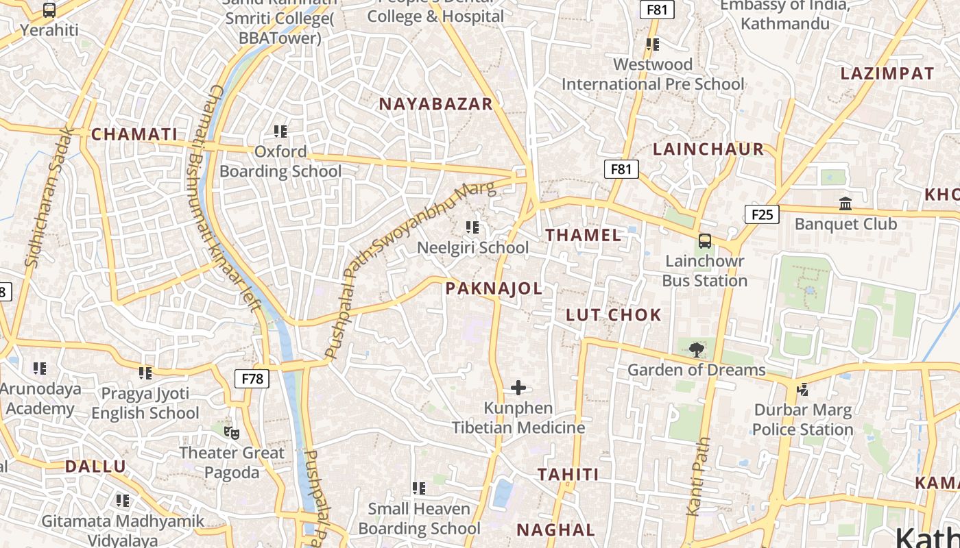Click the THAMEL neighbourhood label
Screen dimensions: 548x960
(x=583, y=235)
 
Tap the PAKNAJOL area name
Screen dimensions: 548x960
(x=494, y=288)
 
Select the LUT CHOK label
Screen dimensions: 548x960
(x=614, y=315)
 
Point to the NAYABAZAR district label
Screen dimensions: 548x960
(x=435, y=104)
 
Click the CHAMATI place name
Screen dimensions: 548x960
(x=134, y=134)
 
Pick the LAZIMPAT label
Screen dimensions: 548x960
(x=887, y=73)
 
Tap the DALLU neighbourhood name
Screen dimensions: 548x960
(x=95, y=466)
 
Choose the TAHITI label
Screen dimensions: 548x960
(x=568, y=474)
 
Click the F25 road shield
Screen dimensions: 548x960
(x=762, y=214)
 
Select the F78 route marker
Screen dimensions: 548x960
(x=252, y=379)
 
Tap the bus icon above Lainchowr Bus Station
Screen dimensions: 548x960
(x=704, y=241)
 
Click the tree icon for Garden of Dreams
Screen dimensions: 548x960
(x=696, y=350)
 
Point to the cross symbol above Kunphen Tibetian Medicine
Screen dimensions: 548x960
(x=518, y=388)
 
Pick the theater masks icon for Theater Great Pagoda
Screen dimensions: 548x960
(x=232, y=432)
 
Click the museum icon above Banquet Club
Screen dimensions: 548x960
(x=845, y=204)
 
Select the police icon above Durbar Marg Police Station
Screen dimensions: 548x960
(x=802, y=390)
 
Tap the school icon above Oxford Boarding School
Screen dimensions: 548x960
(x=280, y=131)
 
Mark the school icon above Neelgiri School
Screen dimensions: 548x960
(x=472, y=227)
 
